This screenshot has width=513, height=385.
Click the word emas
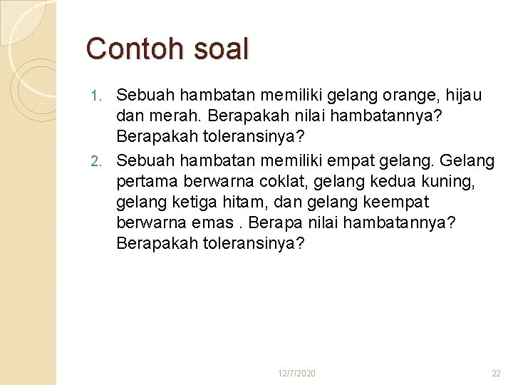(x=212, y=222)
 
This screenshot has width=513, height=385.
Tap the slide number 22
(x=496, y=374)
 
